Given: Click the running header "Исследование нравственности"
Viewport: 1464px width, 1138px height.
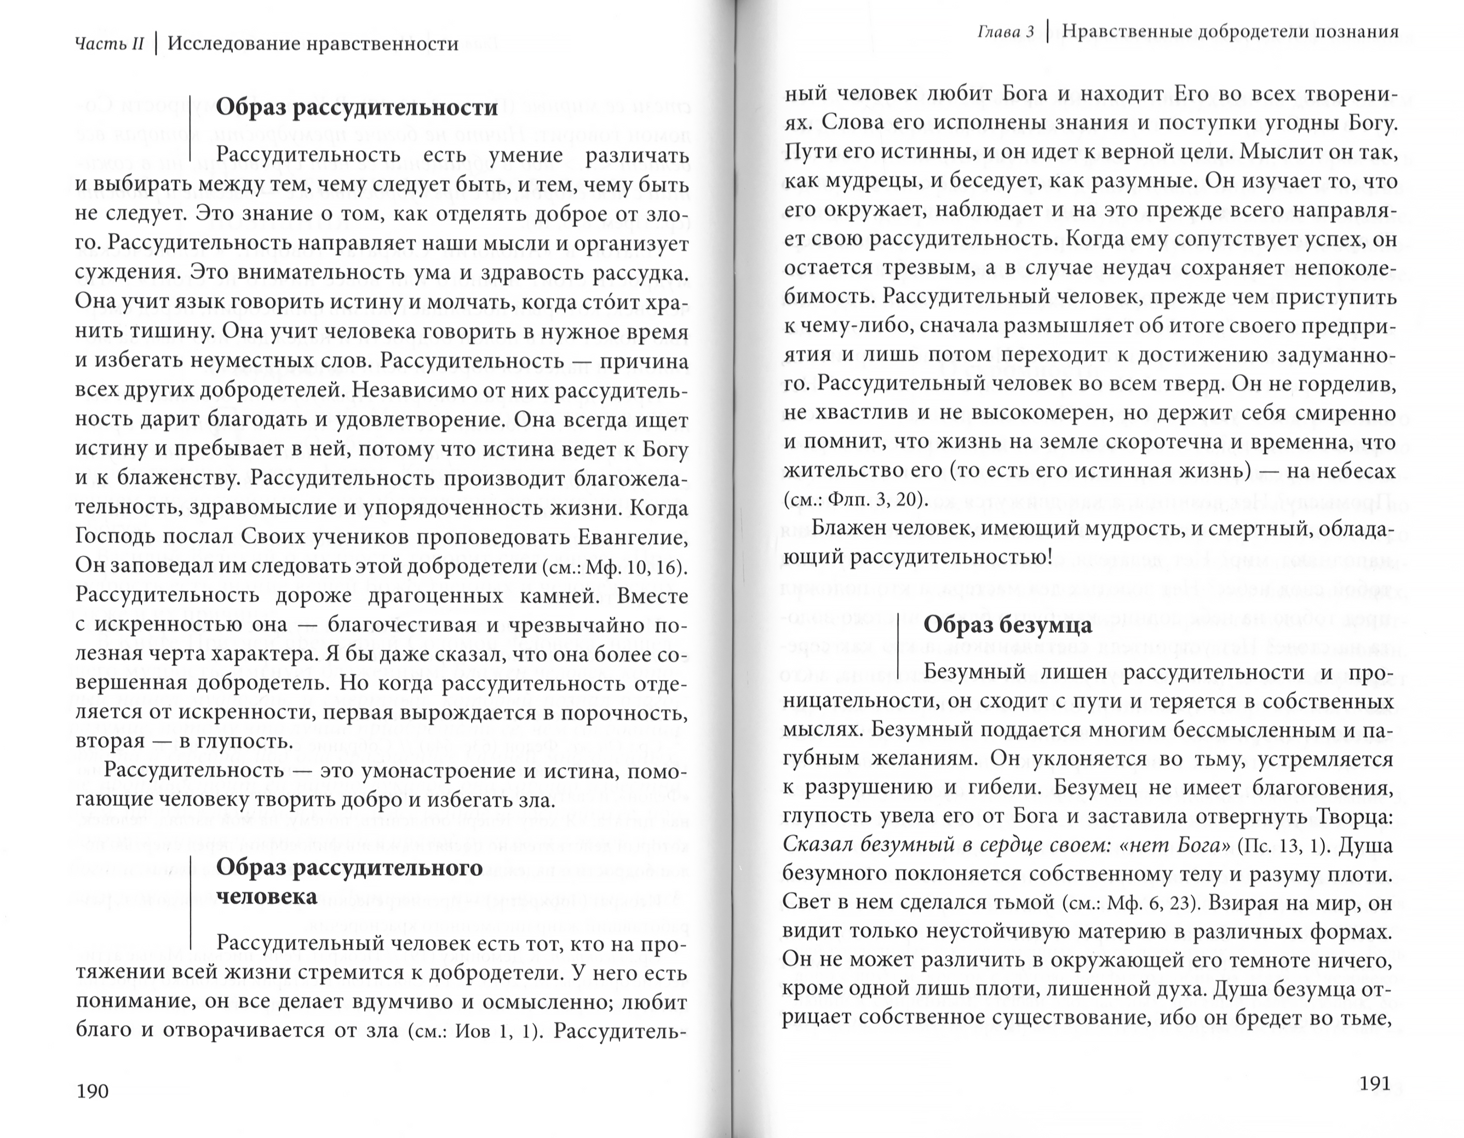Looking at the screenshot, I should point(313,44).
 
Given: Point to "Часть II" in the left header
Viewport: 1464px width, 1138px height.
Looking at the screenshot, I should point(109,44).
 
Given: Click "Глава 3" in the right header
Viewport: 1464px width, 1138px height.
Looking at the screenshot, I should point(1005,32).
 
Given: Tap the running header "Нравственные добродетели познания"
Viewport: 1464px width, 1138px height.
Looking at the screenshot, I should point(1230,32).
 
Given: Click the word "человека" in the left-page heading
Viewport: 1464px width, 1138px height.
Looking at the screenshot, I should point(267,897).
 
